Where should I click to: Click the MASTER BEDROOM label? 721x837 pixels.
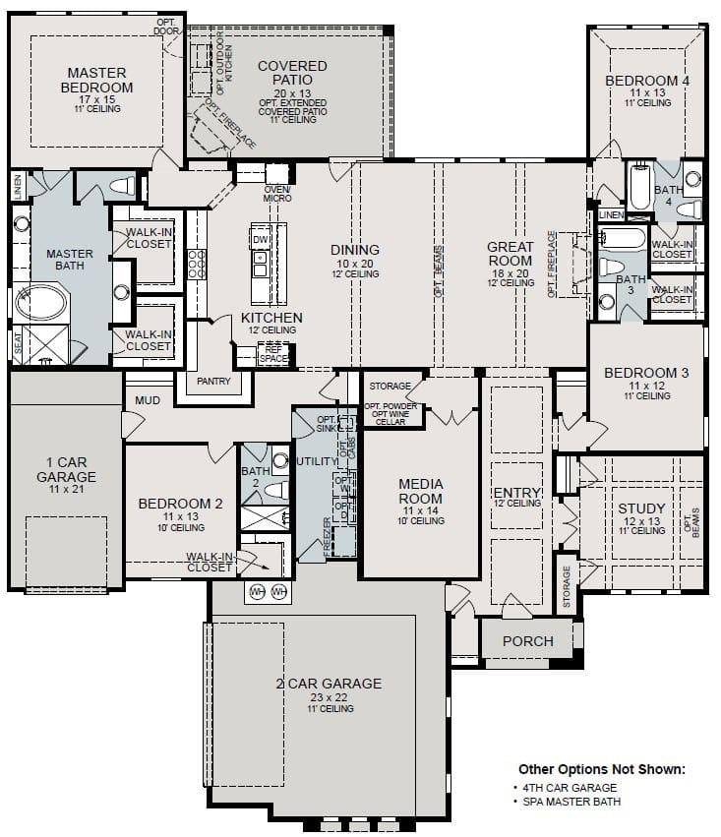point(96,80)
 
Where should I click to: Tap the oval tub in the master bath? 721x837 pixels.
point(38,300)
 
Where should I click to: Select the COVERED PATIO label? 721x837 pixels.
point(292,73)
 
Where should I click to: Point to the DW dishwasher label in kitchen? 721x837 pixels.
point(260,240)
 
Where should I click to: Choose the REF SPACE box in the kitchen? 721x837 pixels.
point(272,354)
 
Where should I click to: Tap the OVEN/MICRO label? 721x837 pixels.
point(277,194)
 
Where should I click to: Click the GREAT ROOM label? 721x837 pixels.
point(511,254)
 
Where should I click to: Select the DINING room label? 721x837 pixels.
point(355,250)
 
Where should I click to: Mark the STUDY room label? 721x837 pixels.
point(641,508)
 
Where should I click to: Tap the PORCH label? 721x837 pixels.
point(527,641)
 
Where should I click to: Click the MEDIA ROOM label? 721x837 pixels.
point(420,491)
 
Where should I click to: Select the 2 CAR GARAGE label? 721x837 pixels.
point(329,684)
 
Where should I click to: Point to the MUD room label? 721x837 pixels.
point(149,401)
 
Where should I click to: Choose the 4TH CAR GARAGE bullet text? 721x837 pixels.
point(571,788)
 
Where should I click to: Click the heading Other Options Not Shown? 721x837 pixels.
point(601,769)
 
